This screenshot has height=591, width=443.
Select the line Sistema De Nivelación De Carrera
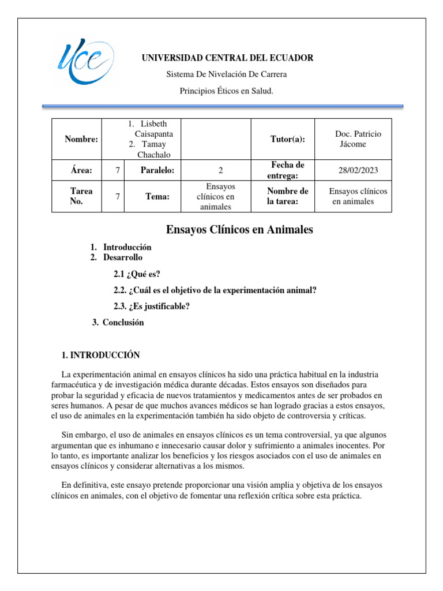click(x=226, y=74)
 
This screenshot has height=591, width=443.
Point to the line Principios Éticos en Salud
click(x=226, y=91)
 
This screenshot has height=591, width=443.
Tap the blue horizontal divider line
click(x=223, y=106)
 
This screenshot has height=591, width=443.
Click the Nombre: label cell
click(x=81, y=139)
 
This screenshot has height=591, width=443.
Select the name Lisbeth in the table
click(x=153, y=124)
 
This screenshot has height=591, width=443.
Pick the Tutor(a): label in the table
click(x=288, y=139)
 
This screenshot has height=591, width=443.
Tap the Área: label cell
click(x=81, y=170)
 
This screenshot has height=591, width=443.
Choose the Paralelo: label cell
click(x=157, y=170)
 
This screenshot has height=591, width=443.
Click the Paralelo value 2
click(x=221, y=170)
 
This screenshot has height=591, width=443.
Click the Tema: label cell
click(x=157, y=197)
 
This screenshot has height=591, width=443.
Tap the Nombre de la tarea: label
click(x=287, y=197)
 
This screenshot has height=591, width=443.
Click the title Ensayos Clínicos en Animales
click(x=239, y=230)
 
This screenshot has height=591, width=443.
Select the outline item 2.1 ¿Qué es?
click(x=136, y=274)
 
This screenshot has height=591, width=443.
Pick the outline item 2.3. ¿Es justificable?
click(x=151, y=306)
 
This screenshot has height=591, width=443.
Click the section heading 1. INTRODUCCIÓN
click(x=100, y=355)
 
